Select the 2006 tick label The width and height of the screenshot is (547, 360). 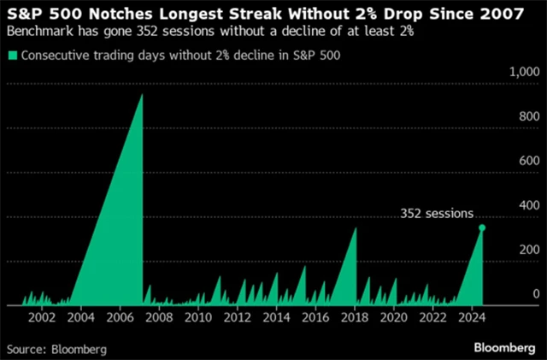pos(120,318)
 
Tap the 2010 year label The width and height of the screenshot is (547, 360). pos(197,318)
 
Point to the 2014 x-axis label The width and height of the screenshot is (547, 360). pos(275,318)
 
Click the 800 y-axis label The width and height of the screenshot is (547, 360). pos(531,116)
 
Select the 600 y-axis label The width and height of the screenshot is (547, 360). pos(531,161)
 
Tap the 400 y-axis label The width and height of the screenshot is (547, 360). pos(531,205)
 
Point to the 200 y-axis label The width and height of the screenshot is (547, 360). pos(531,250)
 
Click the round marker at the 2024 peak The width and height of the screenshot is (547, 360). pos(482,227)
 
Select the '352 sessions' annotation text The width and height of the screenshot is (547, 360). pos(437,214)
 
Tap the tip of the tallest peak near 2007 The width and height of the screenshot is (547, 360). pos(141,94)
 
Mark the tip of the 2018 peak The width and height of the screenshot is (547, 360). pos(356,227)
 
